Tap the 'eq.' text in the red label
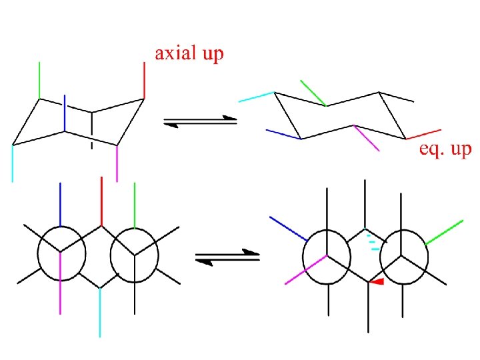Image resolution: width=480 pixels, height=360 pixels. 430,149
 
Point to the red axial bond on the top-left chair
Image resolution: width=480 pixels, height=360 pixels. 144,81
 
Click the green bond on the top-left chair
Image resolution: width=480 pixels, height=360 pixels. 39,80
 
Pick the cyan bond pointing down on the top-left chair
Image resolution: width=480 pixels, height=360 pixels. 13,163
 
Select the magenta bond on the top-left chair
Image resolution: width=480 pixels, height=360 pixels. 117,163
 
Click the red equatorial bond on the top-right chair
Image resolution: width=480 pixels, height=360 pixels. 424,133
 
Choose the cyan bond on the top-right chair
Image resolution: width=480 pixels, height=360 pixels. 257,97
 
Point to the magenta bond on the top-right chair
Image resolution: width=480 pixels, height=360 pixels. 366,138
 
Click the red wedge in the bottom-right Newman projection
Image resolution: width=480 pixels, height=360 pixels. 377,283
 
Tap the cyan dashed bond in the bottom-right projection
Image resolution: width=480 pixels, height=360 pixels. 375,241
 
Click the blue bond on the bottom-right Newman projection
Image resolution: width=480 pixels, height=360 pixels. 288,229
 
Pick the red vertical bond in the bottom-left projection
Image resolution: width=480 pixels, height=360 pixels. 101,200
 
